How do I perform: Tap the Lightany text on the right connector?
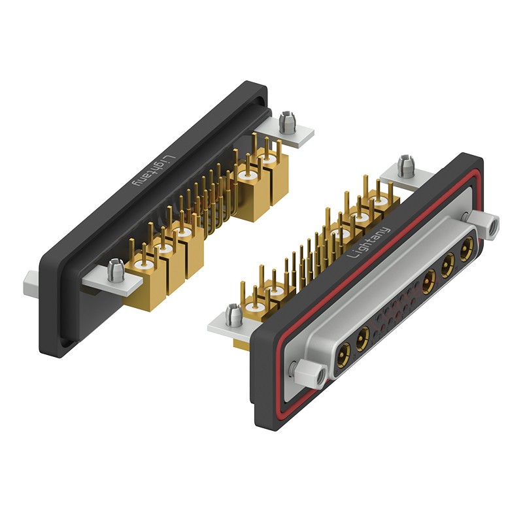pyautogui.click(x=368, y=243)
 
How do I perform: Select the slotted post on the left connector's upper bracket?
pyautogui.click(x=288, y=122)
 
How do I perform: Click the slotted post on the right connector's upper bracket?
pyautogui.click(x=407, y=166)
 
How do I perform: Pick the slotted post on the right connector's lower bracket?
pyautogui.click(x=234, y=314)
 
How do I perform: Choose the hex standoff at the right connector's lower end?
pyautogui.click(x=311, y=373)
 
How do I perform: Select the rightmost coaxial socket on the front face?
pyautogui.click(x=467, y=248)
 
